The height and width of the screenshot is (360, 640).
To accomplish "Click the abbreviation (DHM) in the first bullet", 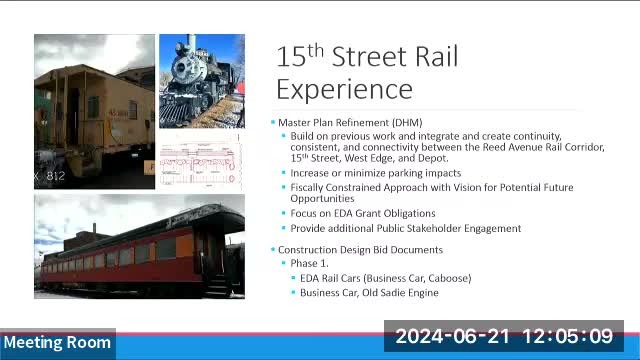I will click(390, 122).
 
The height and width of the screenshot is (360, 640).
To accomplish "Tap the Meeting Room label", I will click(56, 343).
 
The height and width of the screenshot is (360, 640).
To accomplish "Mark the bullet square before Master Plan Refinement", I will click(273, 122).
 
